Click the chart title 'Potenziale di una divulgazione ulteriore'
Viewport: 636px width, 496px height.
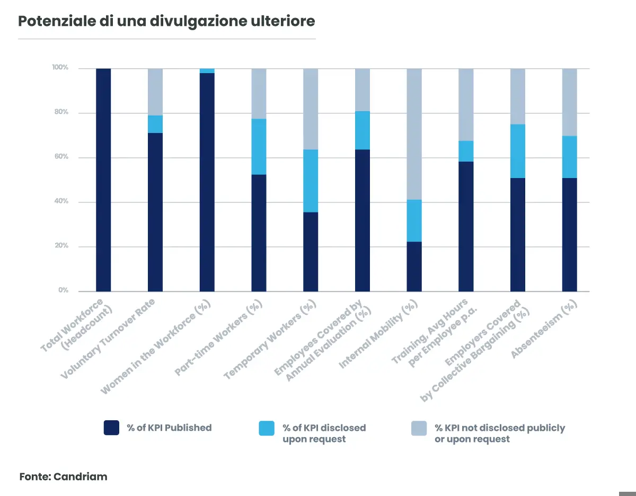[166, 21]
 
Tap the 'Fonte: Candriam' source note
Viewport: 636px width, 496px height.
[64, 476]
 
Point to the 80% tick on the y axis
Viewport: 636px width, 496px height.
[60, 112]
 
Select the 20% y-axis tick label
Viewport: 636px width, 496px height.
[60, 246]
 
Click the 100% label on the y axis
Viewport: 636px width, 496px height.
[60, 68]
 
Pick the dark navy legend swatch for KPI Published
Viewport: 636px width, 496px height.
[111, 428]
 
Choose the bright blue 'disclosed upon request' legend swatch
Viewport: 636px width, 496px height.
[267, 428]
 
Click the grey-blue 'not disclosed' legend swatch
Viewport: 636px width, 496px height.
[419, 428]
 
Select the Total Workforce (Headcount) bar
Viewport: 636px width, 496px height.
[103, 180]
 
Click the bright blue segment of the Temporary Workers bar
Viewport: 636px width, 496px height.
[311, 181]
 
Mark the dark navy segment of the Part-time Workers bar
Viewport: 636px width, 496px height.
[259, 233]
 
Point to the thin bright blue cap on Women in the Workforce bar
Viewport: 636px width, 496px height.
[207, 70]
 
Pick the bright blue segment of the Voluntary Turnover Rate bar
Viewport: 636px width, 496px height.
[155, 124]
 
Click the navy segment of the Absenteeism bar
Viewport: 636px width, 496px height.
[570, 234]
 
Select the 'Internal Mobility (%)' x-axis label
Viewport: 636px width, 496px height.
[378, 334]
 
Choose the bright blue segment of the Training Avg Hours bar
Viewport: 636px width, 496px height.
[466, 151]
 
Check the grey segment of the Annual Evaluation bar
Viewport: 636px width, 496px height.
[363, 90]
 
